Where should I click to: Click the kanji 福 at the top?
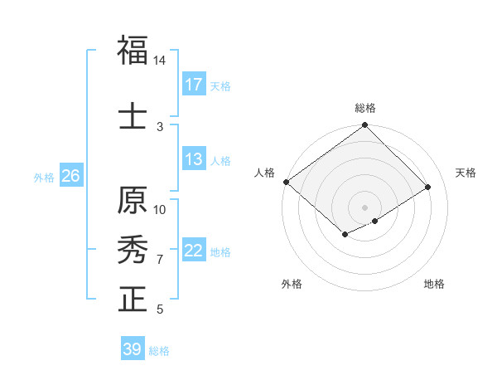pyautogui.click(x=133, y=51)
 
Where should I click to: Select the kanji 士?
pyautogui.click(x=133, y=116)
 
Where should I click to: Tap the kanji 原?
pyautogui.click(x=133, y=201)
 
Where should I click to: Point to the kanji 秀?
pyautogui.click(x=133, y=251)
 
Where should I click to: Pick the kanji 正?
pyautogui.click(x=133, y=300)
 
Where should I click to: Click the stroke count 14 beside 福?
pyautogui.click(x=160, y=61)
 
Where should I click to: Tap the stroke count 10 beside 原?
pyautogui.click(x=160, y=210)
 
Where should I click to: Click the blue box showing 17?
pyautogui.click(x=194, y=85)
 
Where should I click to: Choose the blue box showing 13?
pyautogui.click(x=194, y=160)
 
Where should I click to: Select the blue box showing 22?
pyautogui.click(x=194, y=251)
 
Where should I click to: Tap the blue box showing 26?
pyautogui.click(x=70, y=176)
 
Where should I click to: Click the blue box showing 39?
pyautogui.click(x=133, y=349)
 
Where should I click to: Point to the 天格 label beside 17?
pyautogui.click(x=220, y=85)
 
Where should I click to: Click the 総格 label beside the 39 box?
pyautogui.click(x=159, y=350)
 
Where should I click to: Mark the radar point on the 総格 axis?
pyautogui.click(x=364, y=125)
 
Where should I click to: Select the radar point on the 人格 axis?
pyautogui.click(x=286, y=182)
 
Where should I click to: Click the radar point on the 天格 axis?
pyautogui.click(x=428, y=188)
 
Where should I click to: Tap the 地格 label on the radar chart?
pyautogui.click(x=434, y=284)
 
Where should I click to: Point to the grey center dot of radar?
pyautogui.click(x=364, y=206)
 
